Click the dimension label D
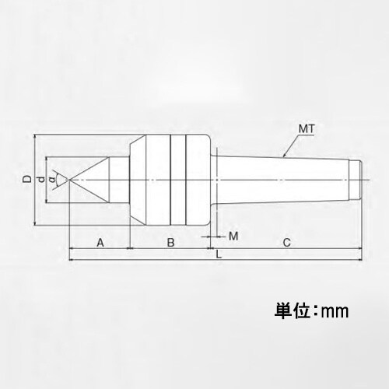click(x=26, y=180)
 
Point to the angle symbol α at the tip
click(x=52, y=180)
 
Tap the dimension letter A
click(x=100, y=243)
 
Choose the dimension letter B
click(x=170, y=243)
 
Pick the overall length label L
click(x=219, y=254)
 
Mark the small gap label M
click(x=233, y=235)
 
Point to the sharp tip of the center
click(x=68, y=180)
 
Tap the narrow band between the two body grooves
click(x=177, y=180)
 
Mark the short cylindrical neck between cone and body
click(x=118, y=180)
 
